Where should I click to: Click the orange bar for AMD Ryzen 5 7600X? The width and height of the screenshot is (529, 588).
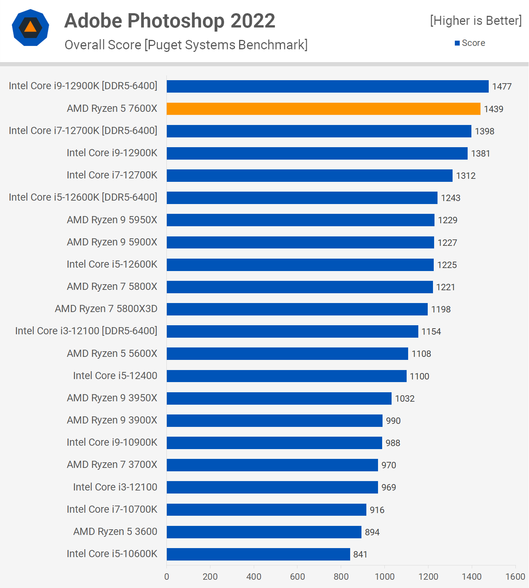coord(323,109)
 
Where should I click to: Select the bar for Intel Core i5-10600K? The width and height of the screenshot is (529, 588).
coord(258,554)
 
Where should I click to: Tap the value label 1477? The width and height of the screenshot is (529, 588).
coord(502,87)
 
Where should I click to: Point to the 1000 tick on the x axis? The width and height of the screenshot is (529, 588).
coord(384,576)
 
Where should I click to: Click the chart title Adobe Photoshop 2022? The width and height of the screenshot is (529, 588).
coord(170,21)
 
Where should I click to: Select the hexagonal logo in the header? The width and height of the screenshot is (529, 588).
coord(30,27)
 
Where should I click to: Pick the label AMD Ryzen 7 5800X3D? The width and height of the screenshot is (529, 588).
coord(106,309)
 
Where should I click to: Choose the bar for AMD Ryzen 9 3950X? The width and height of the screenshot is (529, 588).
coord(279,398)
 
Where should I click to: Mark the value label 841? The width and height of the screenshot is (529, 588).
coord(360,554)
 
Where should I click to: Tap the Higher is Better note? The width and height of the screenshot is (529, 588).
coord(476,21)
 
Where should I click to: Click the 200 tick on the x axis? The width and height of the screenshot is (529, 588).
coord(210,576)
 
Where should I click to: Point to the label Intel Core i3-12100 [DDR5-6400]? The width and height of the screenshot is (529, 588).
coord(86,331)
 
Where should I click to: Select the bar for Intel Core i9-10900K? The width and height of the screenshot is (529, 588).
coord(274,443)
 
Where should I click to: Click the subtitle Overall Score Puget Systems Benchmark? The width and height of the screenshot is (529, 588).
coord(186,45)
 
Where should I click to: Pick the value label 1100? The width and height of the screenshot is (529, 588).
coord(419,376)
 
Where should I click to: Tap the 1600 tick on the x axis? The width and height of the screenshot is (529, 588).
coord(515,576)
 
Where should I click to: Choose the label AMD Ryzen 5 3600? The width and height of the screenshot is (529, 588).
coord(115,532)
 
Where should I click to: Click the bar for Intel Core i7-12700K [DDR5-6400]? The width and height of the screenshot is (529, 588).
coord(319,131)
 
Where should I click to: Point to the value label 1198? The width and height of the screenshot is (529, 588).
coord(441,309)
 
